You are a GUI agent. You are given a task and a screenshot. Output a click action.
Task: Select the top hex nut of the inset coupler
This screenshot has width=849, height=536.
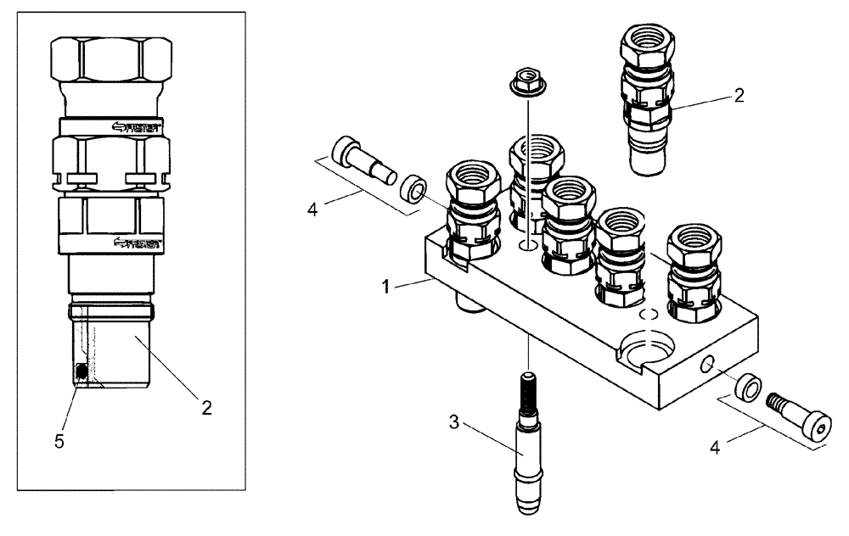pos(110,59)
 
